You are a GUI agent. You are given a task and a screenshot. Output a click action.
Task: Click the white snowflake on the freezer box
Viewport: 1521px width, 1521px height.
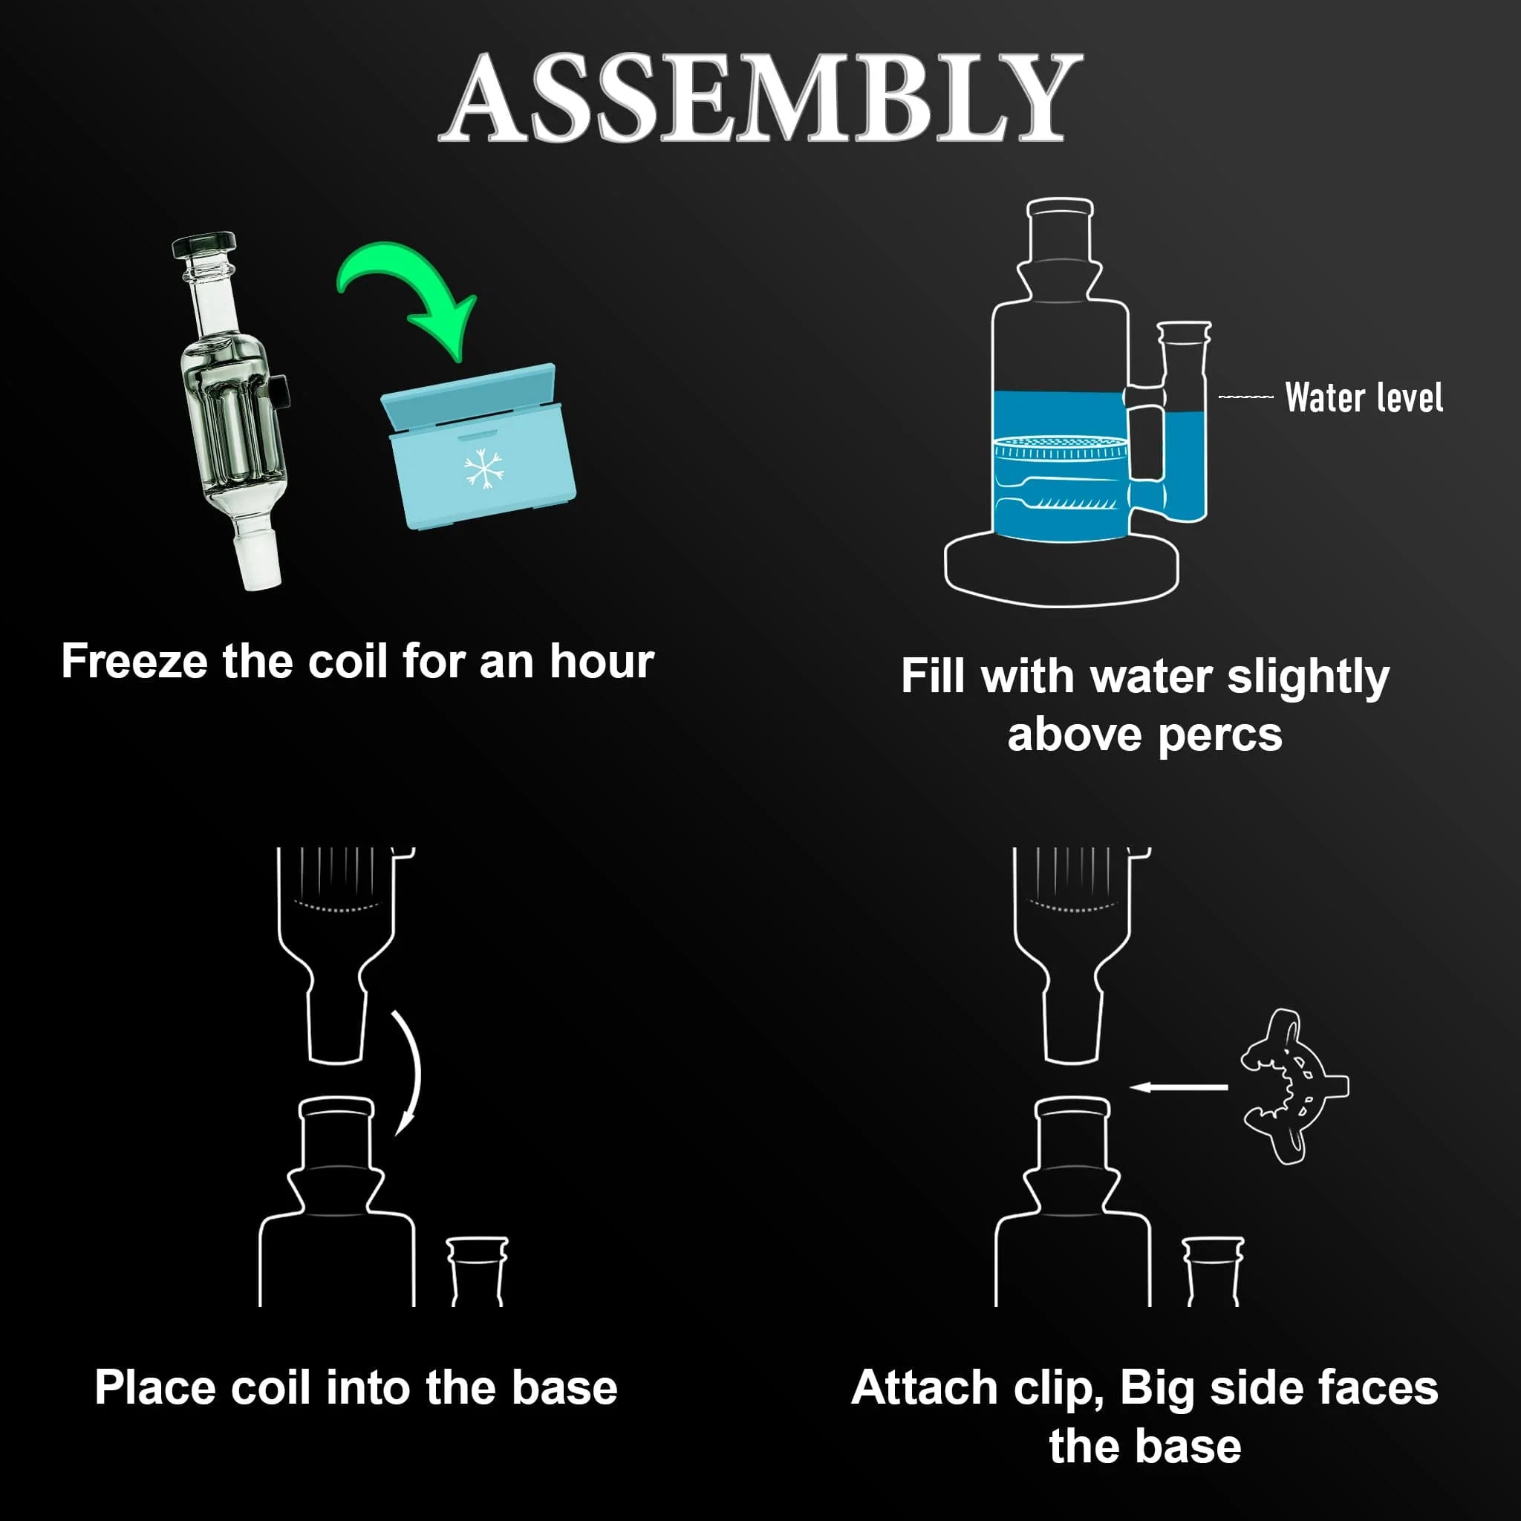[483, 470]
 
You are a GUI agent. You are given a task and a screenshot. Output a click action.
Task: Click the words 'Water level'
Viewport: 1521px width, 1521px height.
[1364, 397]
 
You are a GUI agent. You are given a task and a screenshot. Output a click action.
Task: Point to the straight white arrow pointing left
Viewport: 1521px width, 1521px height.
[1179, 1087]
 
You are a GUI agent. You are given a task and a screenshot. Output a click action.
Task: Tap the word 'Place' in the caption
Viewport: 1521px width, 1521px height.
[155, 1387]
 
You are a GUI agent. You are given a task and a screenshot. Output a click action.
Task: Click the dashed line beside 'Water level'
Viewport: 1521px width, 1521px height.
[1246, 397]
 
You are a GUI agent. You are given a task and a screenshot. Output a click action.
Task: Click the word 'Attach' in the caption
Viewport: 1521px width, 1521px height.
[925, 1388]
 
